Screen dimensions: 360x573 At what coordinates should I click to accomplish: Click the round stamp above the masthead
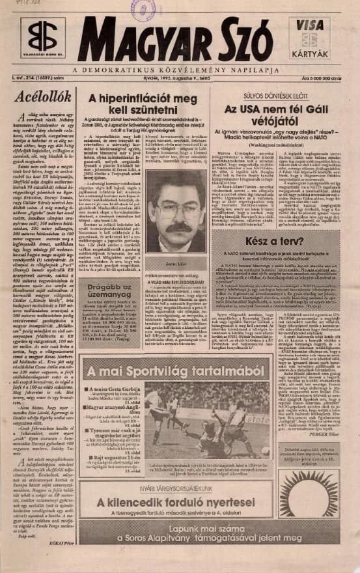point(141,8)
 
